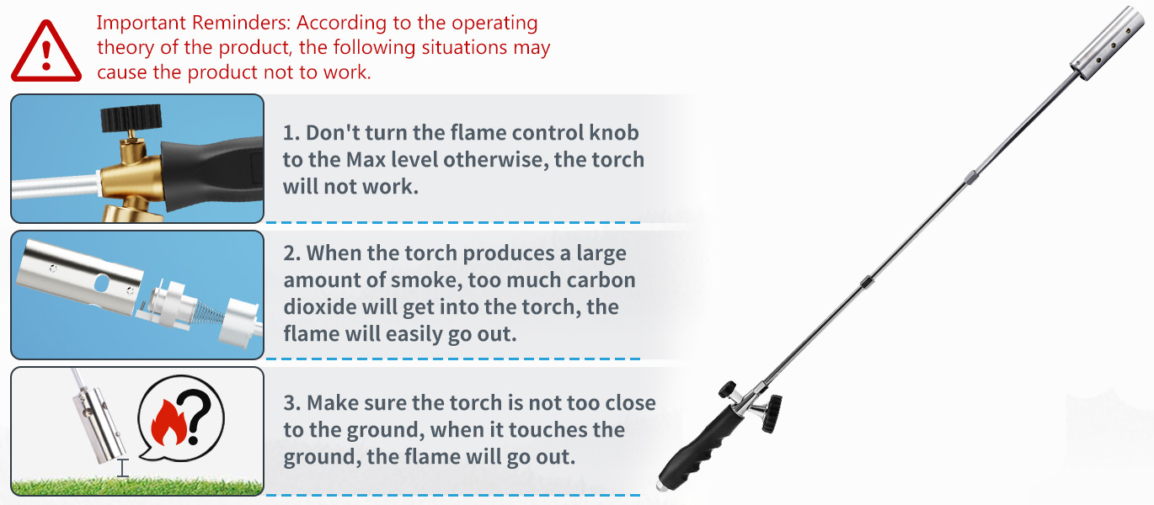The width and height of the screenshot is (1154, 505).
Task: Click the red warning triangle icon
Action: [46, 51]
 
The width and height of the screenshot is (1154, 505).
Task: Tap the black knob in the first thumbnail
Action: [131, 117]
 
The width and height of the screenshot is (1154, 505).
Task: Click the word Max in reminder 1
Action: [366, 160]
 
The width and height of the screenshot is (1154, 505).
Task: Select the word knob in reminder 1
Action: [614, 133]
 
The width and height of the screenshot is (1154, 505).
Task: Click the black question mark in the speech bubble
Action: [198, 417]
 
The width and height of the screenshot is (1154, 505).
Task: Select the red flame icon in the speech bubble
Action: [168, 423]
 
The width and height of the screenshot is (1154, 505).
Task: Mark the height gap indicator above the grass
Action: [123, 468]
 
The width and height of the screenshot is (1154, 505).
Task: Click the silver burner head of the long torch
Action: [1108, 43]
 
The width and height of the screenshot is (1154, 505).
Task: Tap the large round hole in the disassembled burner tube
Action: [102, 283]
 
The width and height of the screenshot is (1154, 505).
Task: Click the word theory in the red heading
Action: [126, 48]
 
